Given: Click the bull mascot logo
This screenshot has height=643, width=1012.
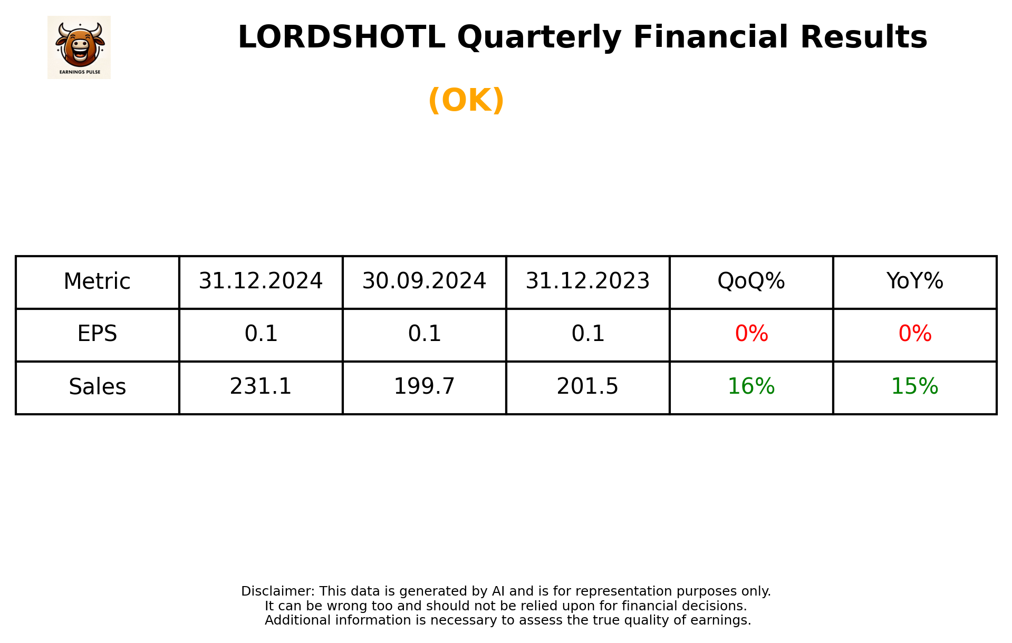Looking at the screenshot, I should click(x=79, y=47).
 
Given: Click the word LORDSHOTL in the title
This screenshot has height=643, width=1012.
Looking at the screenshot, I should click(x=341, y=37).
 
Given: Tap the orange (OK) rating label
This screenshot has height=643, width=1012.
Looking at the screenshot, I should click(x=466, y=100).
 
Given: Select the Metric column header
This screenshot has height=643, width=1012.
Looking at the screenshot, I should click(x=97, y=281).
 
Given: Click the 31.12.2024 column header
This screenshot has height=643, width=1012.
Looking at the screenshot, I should click(x=261, y=281).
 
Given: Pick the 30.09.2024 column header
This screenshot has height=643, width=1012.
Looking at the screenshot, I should click(x=424, y=281).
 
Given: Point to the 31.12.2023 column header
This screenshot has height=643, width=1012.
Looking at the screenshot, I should click(x=587, y=281).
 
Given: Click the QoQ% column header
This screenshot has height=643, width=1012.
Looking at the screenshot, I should click(x=751, y=281).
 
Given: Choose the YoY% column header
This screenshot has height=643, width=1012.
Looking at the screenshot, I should click(x=914, y=281).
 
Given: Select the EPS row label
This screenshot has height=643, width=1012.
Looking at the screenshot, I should click(x=97, y=334).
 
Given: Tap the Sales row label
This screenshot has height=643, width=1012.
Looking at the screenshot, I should click(x=97, y=387).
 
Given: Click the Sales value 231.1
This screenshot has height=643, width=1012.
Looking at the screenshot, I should click(x=261, y=387).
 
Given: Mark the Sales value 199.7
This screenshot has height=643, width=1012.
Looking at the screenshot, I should click(x=424, y=387).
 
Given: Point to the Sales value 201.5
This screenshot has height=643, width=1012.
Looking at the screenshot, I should click(x=587, y=387).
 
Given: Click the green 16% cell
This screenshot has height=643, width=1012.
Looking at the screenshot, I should click(x=751, y=387).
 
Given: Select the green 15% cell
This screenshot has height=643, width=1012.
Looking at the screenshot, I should click(x=914, y=387).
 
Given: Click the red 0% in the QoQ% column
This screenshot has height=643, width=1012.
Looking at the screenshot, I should click(x=751, y=334).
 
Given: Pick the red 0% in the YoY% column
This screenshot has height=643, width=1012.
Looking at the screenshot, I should click(x=914, y=334).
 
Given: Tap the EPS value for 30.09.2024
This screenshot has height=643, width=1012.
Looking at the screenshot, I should click(x=424, y=334).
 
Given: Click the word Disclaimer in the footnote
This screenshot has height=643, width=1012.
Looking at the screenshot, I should click(x=277, y=591).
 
